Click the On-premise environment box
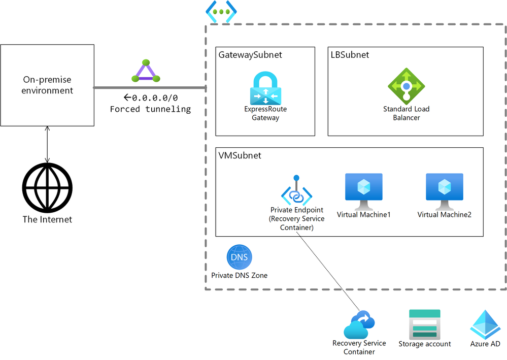47,85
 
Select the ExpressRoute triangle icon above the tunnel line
146,72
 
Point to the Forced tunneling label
150,109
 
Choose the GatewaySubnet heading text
250,54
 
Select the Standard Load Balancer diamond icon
406,86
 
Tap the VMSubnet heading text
240,155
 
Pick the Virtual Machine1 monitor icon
363,191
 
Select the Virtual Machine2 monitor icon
444,191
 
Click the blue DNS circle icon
239,257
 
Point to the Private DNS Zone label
239,275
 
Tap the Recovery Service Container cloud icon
359,324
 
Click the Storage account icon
424,323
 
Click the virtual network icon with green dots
221,12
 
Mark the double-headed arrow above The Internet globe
47,145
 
